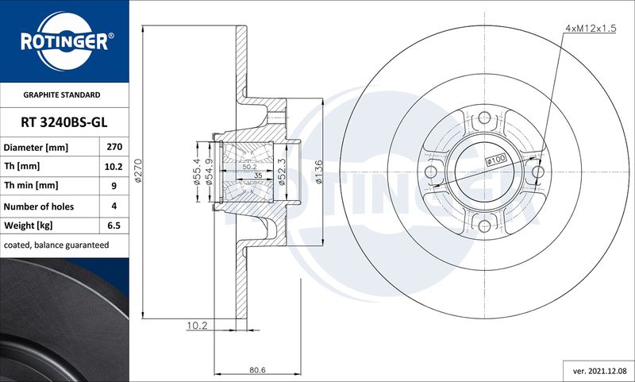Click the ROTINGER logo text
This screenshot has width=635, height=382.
64,42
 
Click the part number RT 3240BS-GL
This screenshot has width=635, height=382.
64,122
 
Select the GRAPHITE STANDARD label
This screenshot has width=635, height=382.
62,95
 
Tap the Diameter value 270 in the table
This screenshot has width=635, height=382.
114,147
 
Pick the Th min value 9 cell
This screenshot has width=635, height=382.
114,186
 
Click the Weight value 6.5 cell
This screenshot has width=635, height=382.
114,226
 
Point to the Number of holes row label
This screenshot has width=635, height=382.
38,206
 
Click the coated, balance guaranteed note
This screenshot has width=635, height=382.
56,245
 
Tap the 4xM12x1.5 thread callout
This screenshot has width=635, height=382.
591,28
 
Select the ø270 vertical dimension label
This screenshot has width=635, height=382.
138,171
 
